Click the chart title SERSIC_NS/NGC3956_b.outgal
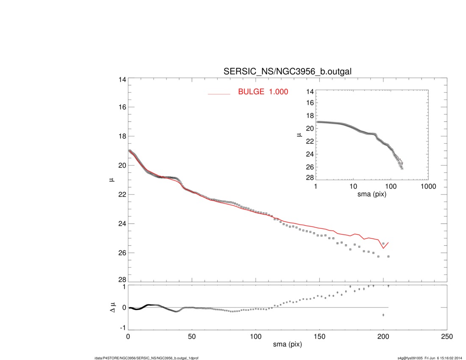pyautogui.click(x=287, y=72)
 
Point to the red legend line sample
pyautogui.click(x=219, y=94)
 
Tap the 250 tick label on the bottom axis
pyautogui.click(x=447, y=336)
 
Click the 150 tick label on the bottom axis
pyautogui.click(x=319, y=336)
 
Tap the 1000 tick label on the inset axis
pyautogui.click(x=428, y=186)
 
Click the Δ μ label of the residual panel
pyautogui.click(x=112, y=307)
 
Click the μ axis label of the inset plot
pyautogui.click(x=299, y=135)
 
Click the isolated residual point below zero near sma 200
pyautogui.click(x=383, y=315)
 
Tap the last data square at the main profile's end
pyautogui.click(x=388, y=257)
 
